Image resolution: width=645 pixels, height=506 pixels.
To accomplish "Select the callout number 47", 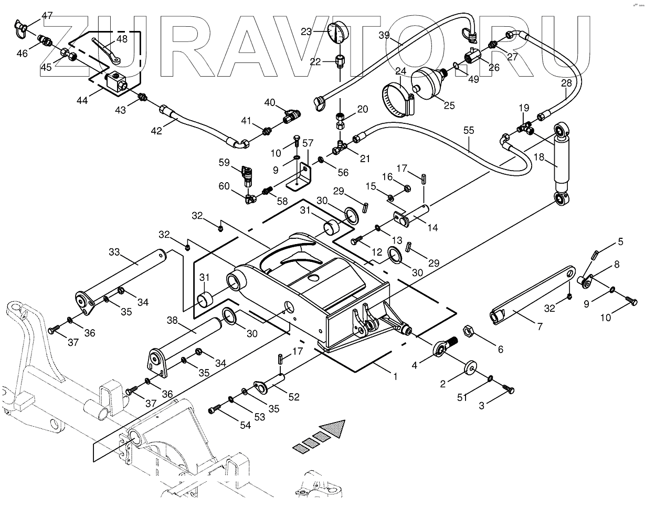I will coord(47,16).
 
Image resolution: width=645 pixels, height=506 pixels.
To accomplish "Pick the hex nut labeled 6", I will coord(469,332).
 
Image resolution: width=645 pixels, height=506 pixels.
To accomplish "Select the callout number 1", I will coord(395,376).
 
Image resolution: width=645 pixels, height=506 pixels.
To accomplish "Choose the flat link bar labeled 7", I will coord(530,294).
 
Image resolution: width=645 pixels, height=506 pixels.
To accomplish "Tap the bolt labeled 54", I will coord(213,408).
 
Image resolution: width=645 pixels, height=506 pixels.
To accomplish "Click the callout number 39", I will coord(384,35).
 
